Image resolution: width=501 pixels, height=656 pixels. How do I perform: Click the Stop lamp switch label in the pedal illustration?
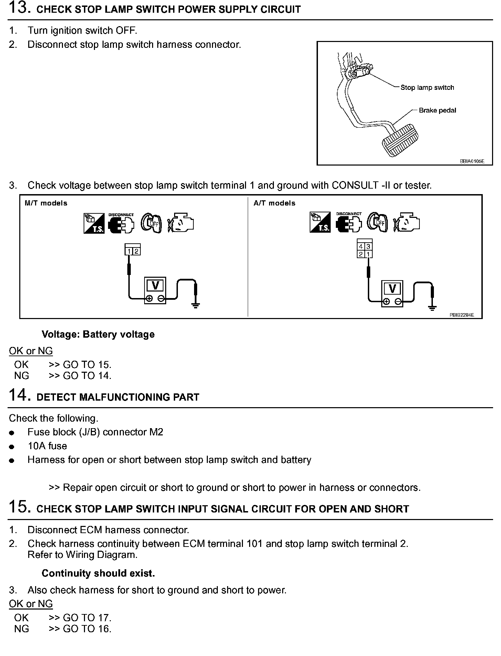tap(427, 87)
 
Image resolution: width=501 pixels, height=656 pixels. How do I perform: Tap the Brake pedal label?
tap(437, 110)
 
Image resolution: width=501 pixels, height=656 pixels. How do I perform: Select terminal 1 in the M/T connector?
tap(129, 251)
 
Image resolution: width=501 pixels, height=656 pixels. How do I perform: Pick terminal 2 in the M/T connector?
tap(136, 251)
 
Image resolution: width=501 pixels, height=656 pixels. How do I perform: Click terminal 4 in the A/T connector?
tap(361, 247)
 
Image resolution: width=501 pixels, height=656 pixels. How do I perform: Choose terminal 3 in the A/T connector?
tap(368, 247)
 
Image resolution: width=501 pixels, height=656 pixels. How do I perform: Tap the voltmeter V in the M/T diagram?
tap(155, 285)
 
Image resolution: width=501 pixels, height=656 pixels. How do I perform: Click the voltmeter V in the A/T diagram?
tap(392, 288)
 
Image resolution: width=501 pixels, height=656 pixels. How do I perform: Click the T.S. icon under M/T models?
tap(94, 223)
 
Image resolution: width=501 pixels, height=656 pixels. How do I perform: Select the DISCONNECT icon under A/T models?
tap(349, 222)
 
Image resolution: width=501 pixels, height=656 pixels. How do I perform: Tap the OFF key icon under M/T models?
tap(151, 223)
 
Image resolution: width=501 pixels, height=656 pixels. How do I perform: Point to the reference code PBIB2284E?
tap(461, 315)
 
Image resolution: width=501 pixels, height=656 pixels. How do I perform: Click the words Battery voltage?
tap(118, 334)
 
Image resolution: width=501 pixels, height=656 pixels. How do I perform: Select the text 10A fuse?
tap(47, 446)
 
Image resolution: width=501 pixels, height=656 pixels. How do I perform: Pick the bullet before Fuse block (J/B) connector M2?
tap(12, 433)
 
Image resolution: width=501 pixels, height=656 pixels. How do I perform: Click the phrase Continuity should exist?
tap(98, 573)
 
